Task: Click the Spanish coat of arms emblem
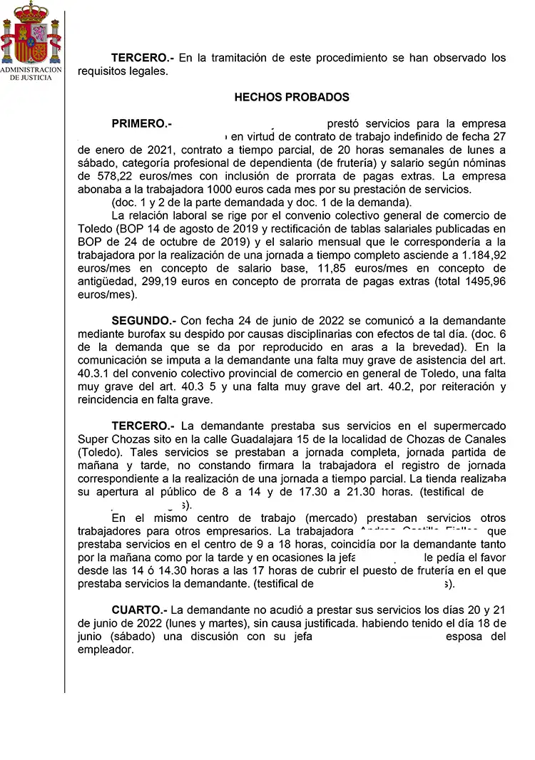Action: click(31, 32)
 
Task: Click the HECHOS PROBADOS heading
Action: click(292, 97)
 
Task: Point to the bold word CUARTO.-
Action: click(139, 610)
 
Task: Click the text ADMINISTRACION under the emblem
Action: click(31, 70)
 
